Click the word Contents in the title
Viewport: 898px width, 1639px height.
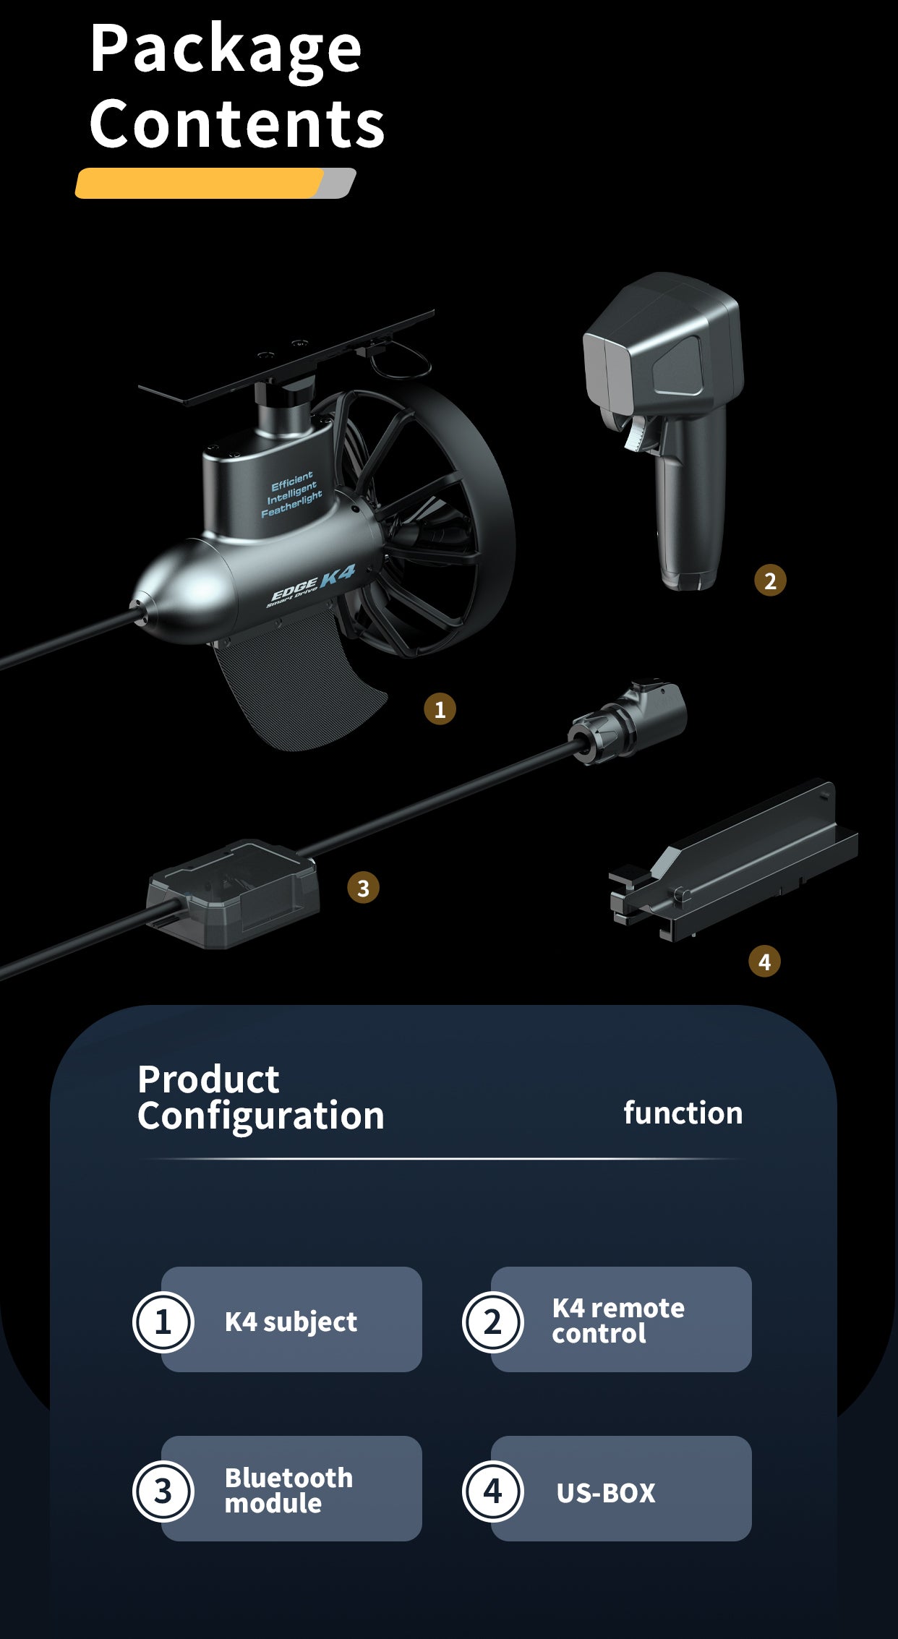(237, 124)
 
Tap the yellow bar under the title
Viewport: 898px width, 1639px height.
(200, 183)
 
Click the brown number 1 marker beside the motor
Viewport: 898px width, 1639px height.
(440, 709)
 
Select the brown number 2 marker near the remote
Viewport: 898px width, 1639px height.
(770, 581)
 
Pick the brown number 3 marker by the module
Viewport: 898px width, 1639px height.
(363, 887)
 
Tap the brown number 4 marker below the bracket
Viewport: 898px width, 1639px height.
(764, 962)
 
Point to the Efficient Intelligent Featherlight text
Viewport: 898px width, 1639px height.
(292, 495)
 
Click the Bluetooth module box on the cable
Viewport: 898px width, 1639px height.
(233, 894)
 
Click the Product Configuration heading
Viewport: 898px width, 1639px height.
(260, 1097)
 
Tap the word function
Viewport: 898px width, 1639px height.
(683, 1113)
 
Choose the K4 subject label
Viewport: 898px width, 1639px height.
(291, 1322)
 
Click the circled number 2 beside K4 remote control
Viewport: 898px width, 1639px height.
(492, 1322)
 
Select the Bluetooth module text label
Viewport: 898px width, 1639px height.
(288, 1490)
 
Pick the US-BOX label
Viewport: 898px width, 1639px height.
(606, 1492)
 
